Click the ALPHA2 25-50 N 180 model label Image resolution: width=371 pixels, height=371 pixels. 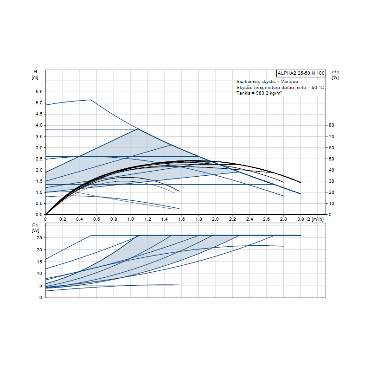pyautogui.click(x=301, y=73)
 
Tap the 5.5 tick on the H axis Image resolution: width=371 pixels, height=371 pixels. pyautogui.click(x=39, y=92)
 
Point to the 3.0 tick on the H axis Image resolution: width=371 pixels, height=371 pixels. pyautogui.click(x=39, y=147)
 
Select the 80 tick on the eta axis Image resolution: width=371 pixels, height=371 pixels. pyautogui.click(x=331, y=125)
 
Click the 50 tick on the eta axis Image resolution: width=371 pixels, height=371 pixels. pyautogui.click(x=331, y=159)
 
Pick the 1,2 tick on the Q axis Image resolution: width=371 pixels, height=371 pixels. pyautogui.click(x=147, y=218)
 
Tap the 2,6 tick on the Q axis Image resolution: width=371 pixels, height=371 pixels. pyautogui.click(x=266, y=218)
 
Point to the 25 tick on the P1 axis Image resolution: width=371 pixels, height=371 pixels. pyautogui.click(x=40, y=237)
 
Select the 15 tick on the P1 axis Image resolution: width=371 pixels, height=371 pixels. pyautogui.click(x=40, y=262)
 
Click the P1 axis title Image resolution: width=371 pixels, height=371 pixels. pyautogui.click(x=35, y=224)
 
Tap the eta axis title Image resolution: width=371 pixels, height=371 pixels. pyautogui.click(x=335, y=72)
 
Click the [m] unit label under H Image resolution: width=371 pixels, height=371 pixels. pyautogui.click(x=35, y=77)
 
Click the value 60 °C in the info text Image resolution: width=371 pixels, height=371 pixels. pyautogui.click(x=314, y=87)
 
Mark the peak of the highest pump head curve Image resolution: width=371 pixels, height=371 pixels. pyautogui.click(x=90, y=100)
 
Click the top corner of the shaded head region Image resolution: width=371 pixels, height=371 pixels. pyautogui.click(x=138, y=129)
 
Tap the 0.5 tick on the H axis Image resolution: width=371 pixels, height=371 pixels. pyautogui.click(x=39, y=203)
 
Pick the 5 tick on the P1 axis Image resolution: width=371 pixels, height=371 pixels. pyautogui.click(x=41, y=286)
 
